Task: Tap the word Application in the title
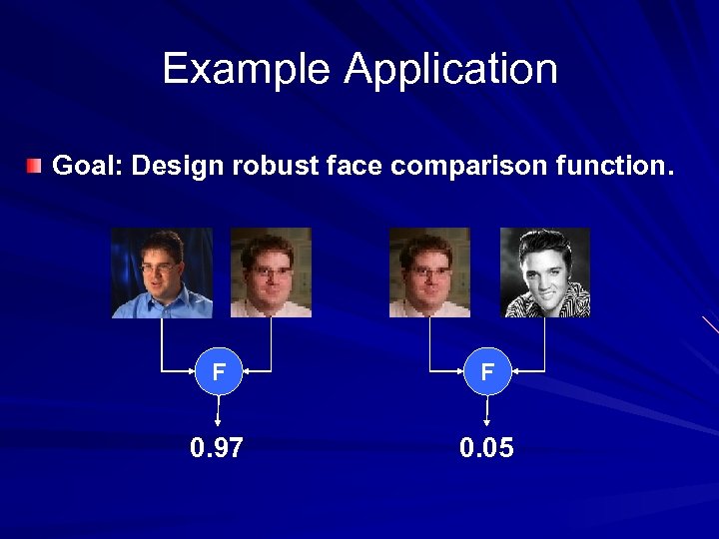pos(450,70)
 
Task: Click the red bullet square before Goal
pos(35,165)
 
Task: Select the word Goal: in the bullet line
pos(87,166)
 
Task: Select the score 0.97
pos(217,448)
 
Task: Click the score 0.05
pos(486,448)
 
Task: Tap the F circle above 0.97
pos(218,372)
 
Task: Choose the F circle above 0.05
pos(486,372)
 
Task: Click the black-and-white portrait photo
pos(545,272)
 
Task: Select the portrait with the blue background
pos(162,272)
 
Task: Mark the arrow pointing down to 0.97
pos(218,410)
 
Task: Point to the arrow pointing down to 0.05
pos(486,410)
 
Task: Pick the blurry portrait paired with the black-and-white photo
pos(429,272)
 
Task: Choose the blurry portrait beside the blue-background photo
pos(271,272)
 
